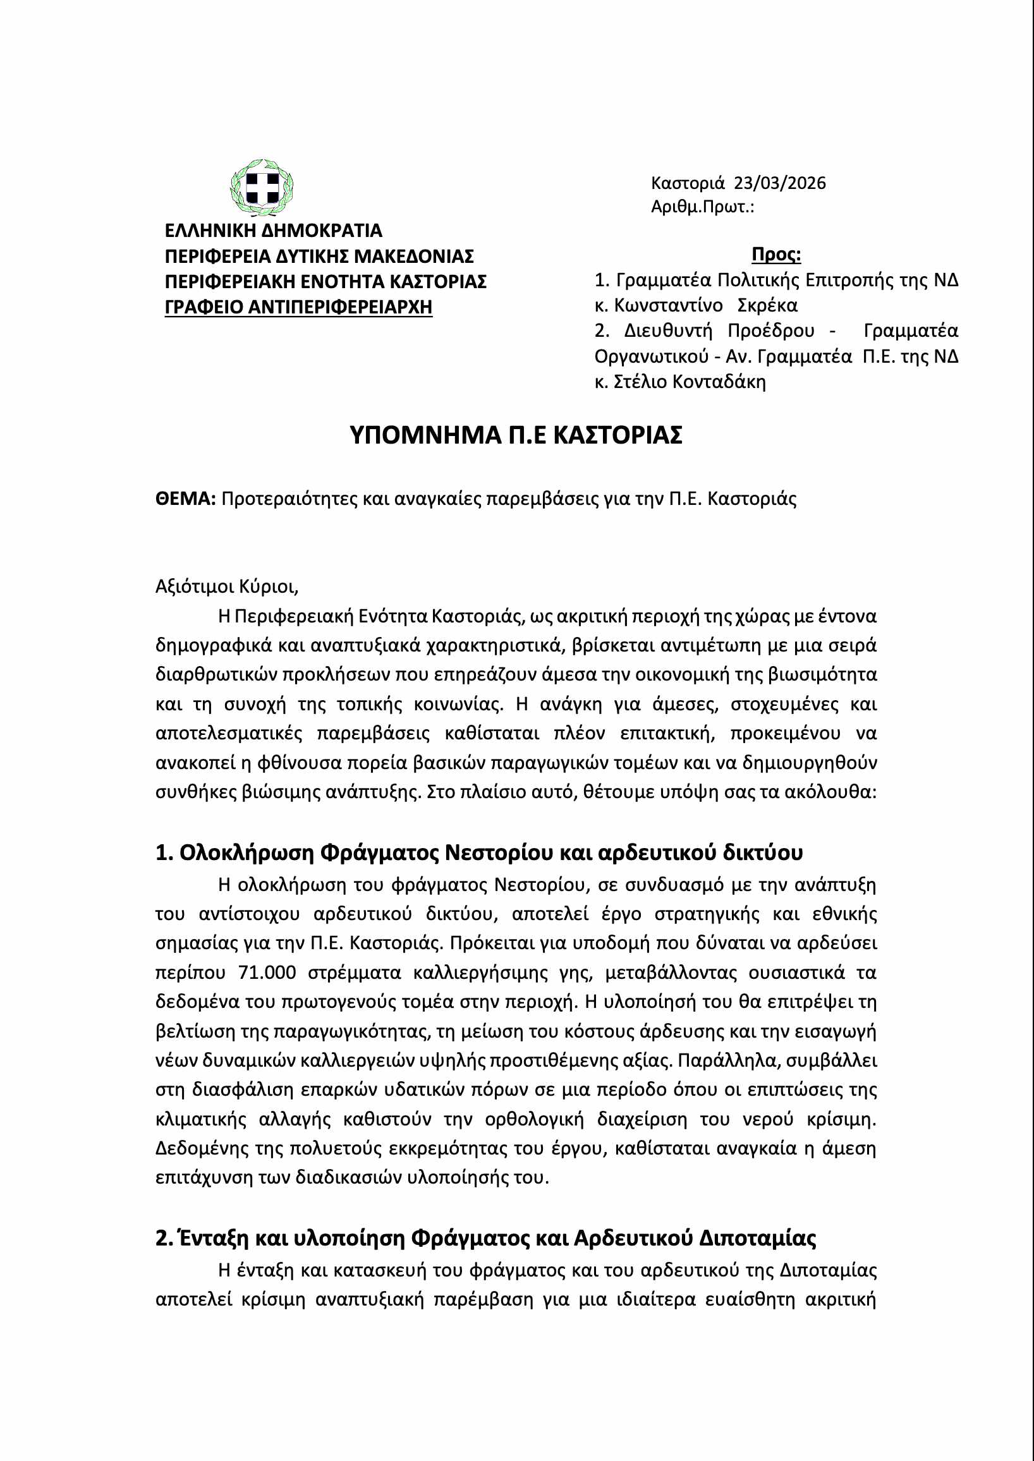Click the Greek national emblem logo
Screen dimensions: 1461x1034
point(261,188)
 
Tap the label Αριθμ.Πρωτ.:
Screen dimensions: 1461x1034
point(702,207)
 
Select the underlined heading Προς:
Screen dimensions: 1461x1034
point(776,255)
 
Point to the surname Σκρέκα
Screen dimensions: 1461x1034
point(767,306)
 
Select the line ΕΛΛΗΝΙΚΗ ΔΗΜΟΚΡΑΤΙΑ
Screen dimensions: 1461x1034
point(273,231)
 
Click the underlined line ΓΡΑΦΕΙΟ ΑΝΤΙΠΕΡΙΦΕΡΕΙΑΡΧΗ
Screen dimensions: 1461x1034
point(298,307)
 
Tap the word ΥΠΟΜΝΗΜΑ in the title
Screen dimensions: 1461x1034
point(425,435)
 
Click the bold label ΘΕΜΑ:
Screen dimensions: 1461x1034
point(186,499)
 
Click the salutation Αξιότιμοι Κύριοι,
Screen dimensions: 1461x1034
point(227,586)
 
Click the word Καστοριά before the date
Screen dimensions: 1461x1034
point(688,183)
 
